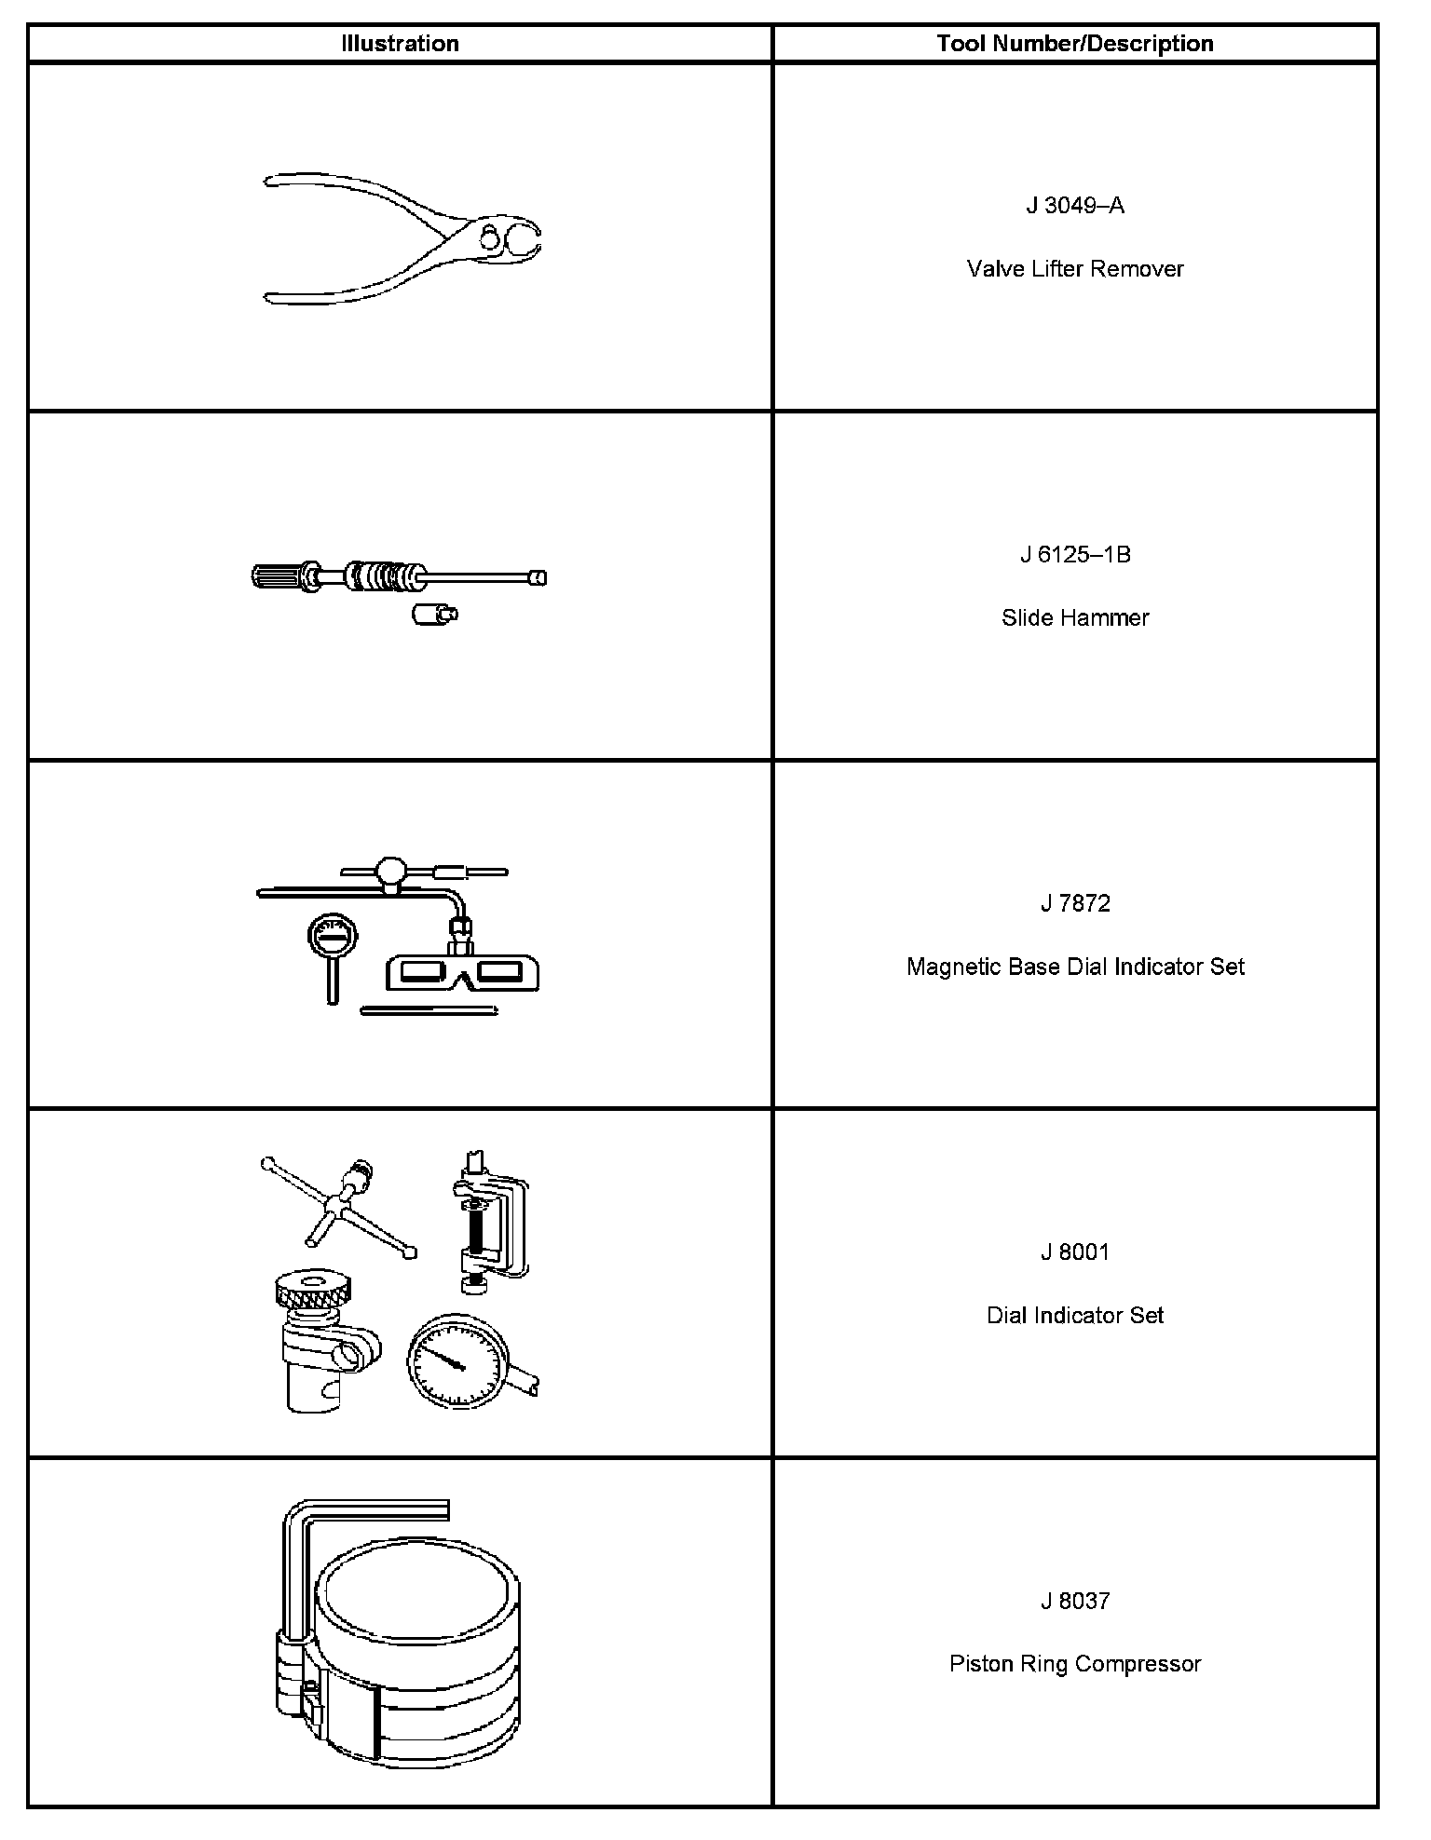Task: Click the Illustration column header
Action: pos(400,44)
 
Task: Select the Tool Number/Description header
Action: pos(1075,44)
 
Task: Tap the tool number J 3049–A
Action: pos(1075,206)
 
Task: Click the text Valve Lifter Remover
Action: pos(1075,269)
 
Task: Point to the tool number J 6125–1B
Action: pos(1075,555)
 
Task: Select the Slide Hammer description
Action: pos(1075,617)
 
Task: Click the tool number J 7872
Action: pos(1075,903)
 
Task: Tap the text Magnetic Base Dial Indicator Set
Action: pos(1075,967)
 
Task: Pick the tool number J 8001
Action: pos(1075,1252)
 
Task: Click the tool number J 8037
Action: pos(1075,1601)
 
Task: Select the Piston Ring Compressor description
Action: pos(1075,1663)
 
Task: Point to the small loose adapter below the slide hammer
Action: pos(432,614)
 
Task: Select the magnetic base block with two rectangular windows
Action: pos(462,973)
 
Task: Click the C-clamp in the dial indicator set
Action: pos(491,1220)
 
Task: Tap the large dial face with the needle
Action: pos(456,1360)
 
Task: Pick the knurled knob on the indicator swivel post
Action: pos(314,1290)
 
